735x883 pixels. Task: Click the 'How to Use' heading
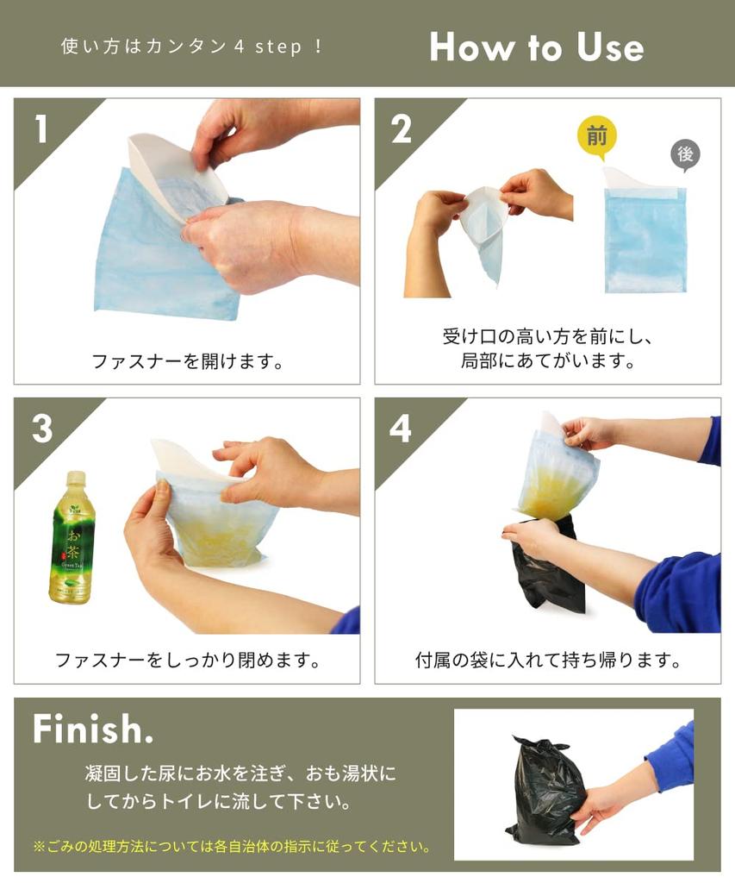pos(536,47)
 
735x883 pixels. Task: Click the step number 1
pos(41,129)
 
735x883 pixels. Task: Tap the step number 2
pos(401,129)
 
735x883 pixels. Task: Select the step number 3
pos(42,429)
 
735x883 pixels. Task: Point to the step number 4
pos(401,429)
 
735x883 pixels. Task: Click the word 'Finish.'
pos(93,729)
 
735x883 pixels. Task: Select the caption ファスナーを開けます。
pos(188,361)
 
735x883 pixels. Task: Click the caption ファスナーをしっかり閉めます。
pos(187,660)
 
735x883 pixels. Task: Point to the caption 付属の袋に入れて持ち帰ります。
pos(548,660)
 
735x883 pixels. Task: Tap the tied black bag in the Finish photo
pos(544,789)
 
